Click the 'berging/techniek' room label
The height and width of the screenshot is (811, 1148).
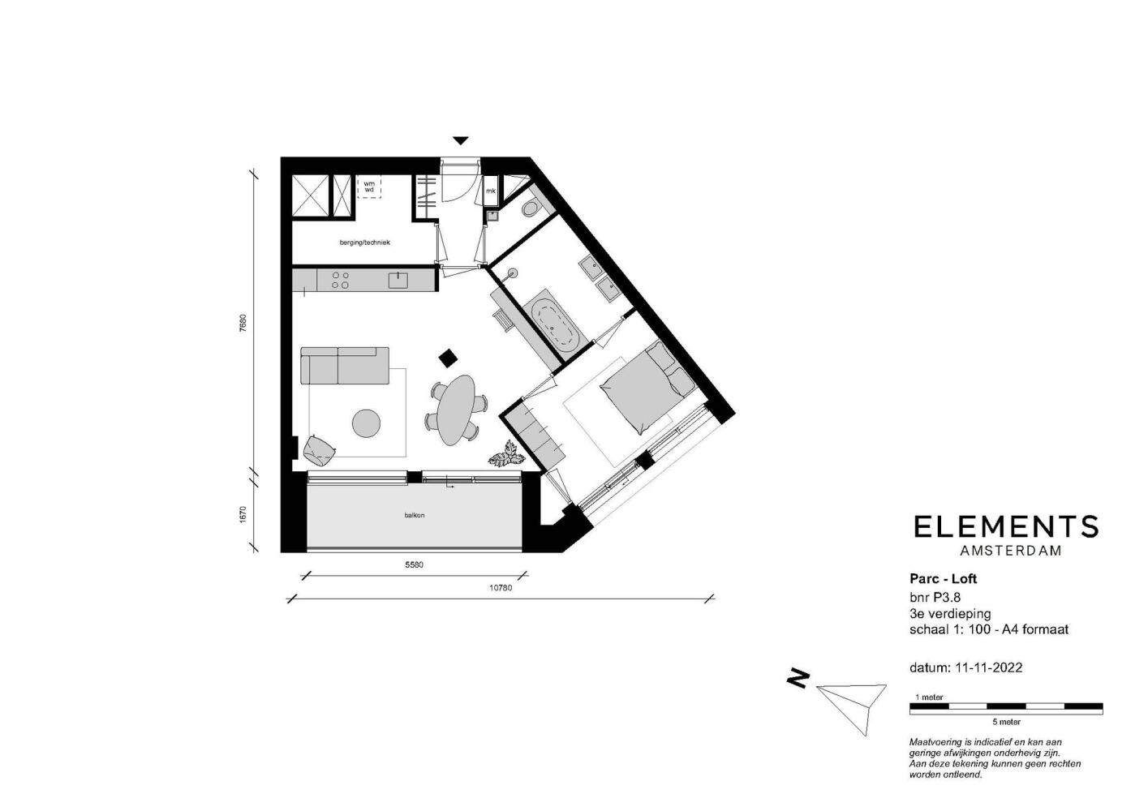[364, 242]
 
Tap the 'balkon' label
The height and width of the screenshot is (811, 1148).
[414, 515]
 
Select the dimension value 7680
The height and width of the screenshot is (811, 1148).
[243, 324]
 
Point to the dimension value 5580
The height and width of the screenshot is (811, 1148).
[414, 564]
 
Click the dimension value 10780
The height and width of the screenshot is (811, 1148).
[501, 588]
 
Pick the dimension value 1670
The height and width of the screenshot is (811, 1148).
[243, 514]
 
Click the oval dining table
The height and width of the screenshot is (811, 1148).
[456, 410]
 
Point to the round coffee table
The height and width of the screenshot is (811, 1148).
[367, 423]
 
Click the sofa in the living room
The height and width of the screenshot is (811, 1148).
[344, 365]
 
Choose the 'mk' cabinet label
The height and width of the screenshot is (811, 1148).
[491, 191]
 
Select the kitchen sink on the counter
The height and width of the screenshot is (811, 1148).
[398, 281]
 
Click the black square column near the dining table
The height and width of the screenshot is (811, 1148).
[449, 358]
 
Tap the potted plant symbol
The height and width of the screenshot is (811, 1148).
[505, 454]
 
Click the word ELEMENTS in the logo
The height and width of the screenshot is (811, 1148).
[1006, 526]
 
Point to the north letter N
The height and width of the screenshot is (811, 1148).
[798, 678]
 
